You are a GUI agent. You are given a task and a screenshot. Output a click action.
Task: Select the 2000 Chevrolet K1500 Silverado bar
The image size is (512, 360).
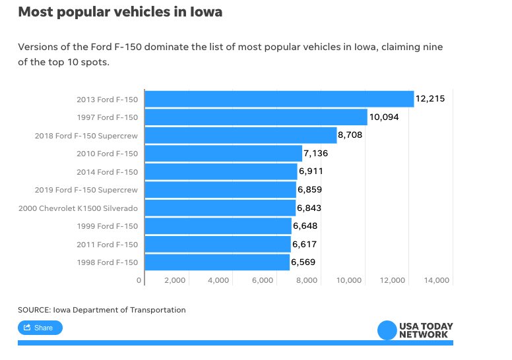220,208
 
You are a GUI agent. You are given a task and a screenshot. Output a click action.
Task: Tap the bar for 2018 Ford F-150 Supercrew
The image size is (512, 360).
240,135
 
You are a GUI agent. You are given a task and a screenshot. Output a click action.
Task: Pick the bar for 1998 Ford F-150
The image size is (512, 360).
217,262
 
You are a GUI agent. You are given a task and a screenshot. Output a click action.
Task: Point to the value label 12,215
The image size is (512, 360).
430,99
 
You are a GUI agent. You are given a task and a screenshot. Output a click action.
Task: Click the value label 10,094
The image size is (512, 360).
384,117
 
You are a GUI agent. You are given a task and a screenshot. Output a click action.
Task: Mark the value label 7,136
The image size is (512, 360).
315,154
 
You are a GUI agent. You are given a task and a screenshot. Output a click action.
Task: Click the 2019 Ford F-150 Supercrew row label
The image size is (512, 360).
86,190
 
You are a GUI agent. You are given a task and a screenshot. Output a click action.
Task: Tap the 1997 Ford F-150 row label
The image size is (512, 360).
107,117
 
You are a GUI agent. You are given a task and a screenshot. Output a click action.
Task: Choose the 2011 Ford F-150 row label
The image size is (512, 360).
107,244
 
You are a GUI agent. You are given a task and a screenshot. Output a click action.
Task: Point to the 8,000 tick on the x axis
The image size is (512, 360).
306,280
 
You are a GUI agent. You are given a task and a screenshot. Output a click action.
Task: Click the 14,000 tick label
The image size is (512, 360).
437,280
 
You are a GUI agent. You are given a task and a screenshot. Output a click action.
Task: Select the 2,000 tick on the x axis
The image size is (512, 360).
174,280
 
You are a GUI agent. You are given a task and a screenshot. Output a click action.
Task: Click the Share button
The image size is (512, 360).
40,328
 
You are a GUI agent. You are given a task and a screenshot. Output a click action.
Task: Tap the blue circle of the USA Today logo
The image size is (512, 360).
387,330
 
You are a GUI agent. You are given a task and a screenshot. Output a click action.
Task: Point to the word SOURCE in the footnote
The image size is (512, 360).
34,310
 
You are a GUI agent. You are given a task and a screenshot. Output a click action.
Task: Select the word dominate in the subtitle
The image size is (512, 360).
165,47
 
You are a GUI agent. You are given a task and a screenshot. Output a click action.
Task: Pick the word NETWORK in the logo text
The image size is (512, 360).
423,334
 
